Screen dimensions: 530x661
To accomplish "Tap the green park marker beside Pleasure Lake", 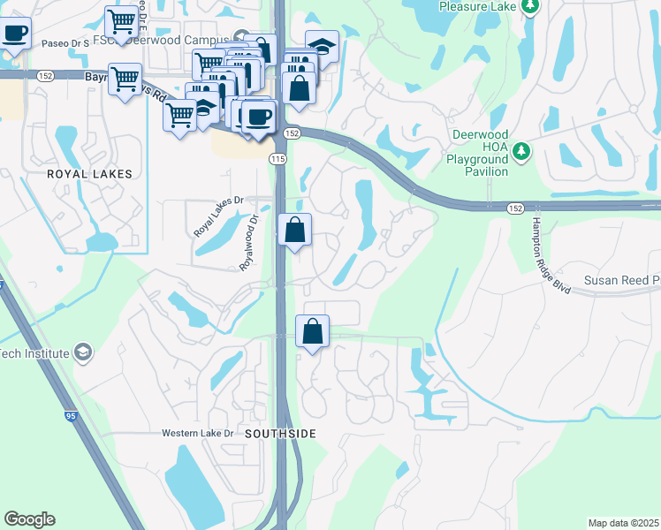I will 529,7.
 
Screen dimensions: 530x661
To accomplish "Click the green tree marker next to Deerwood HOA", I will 521,151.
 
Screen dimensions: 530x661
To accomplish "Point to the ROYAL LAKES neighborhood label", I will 91,174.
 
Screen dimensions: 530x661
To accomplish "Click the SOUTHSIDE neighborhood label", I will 280,434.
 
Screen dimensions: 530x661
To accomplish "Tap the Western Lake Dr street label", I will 197,433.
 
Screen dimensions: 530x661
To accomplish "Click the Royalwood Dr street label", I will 248,242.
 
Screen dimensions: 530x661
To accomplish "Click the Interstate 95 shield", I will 71,414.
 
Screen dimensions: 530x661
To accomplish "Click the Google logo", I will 29,519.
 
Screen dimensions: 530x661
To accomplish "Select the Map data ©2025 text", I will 622,523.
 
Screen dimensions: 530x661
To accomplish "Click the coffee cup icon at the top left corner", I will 14,34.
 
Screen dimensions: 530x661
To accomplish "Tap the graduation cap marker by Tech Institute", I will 82,353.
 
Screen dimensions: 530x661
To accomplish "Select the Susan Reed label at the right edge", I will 622,280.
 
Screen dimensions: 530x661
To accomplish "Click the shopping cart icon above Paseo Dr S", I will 121,19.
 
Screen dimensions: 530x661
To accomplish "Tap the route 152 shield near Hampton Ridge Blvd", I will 516,208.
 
